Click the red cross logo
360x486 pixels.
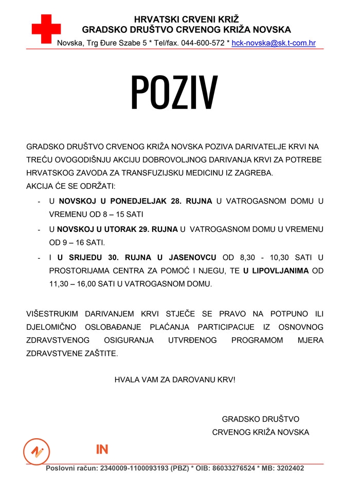pyautogui.click(x=46, y=29)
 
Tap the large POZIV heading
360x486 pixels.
pyautogui.click(x=174, y=92)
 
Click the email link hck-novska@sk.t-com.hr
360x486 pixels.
pyautogui.click(x=274, y=43)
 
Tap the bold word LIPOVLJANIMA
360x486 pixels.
pyautogui.click(x=281, y=271)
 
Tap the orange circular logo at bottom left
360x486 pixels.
pyautogui.click(x=37, y=451)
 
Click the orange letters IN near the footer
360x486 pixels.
pyautogui.click(x=102, y=449)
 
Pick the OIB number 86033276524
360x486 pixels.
pyautogui.click(x=232, y=469)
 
